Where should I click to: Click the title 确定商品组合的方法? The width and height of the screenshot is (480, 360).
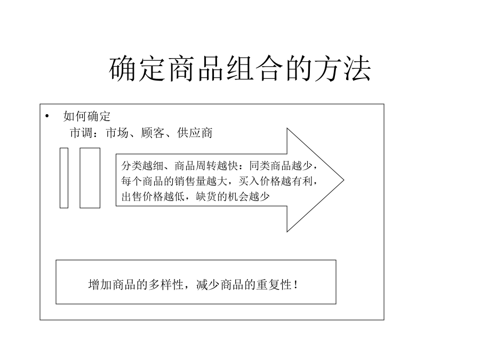coord(240,69)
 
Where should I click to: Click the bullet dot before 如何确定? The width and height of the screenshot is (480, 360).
coord(47,116)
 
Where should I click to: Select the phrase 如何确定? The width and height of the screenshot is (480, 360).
coord(86,116)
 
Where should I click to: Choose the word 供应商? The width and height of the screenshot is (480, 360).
coord(195,133)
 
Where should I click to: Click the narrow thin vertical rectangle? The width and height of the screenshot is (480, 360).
coord(64,178)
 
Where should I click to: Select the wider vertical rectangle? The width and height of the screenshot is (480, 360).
coord(90,178)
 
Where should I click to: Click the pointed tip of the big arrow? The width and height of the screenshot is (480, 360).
coord(344,180)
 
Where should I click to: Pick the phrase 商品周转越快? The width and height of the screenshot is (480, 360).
coord(206,166)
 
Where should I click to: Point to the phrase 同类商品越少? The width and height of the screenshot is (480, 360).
coord(281,166)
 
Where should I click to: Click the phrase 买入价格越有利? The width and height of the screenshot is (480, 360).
coord(276,181)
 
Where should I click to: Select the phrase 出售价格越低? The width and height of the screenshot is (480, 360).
coord(153,196)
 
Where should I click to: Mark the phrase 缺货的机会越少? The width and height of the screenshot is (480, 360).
coord(233,196)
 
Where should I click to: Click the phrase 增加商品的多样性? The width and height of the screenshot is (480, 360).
coord(136,285)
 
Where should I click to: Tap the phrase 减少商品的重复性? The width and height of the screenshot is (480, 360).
coord(244,285)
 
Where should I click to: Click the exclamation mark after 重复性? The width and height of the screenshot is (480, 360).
coord(295,285)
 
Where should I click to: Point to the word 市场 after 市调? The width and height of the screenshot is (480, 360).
coord(117,133)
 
